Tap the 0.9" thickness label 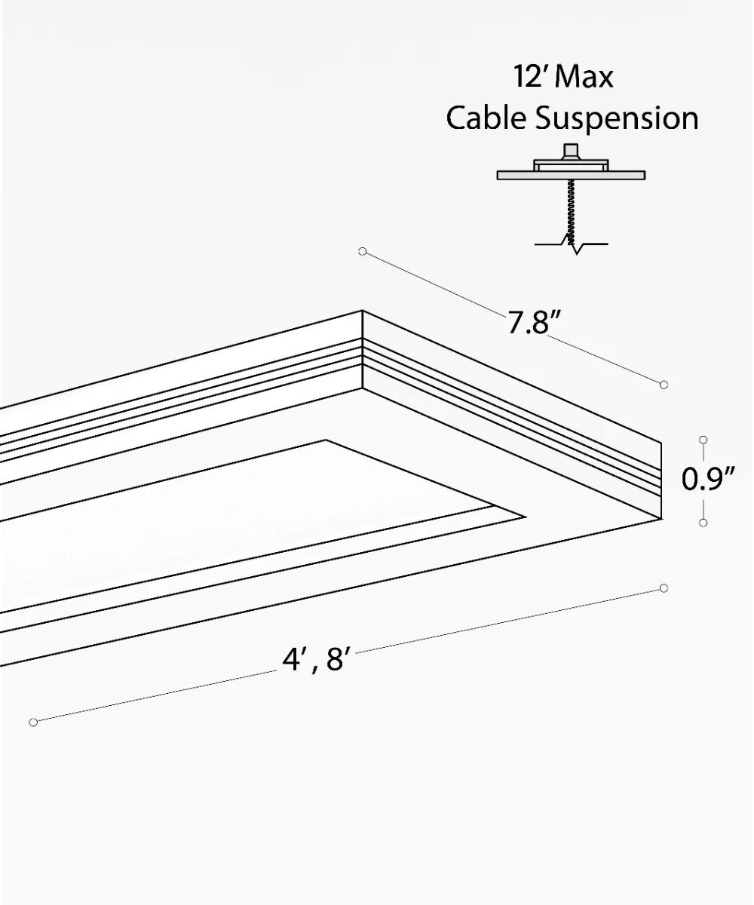pyautogui.click(x=708, y=480)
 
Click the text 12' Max pyautogui.click(x=562, y=77)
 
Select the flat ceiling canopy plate pyautogui.click(x=571, y=175)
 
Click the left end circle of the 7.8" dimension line pyautogui.click(x=363, y=251)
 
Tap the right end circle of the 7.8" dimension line pyautogui.click(x=664, y=385)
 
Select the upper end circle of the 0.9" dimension pyautogui.click(x=703, y=439)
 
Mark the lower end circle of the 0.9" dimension pyautogui.click(x=703, y=522)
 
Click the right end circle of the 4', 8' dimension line pyautogui.click(x=664, y=587)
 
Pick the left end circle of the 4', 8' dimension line pyautogui.click(x=33, y=722)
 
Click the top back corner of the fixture pyautogui.click(x=362, y=311)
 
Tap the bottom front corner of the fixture pyautogui.click(x=660, y=519)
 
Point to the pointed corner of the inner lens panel pyautogui.click(x=524, y=517)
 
